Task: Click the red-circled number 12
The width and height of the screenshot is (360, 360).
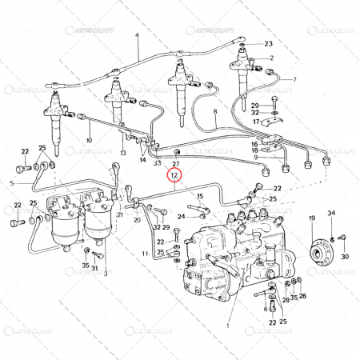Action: tap(174, 173)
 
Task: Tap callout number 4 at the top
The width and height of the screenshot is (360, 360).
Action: tap(137, 36)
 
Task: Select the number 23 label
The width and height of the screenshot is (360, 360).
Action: tap(269, 43)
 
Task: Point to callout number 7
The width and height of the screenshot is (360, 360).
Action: tap(294, 79)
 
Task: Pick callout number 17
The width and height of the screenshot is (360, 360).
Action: tap(255, 122)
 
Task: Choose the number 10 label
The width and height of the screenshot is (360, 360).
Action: tap(89, 141)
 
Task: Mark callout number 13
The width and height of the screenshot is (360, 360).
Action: tap(123, 152)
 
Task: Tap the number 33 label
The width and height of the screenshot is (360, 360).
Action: tap(158, 162)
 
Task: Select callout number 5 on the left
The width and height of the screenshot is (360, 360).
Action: tap(11, 183)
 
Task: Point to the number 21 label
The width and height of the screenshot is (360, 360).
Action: tap(120, 215)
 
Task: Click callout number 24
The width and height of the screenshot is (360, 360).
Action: tap(181, 216)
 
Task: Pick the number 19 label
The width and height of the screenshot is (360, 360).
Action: tap(312, 217)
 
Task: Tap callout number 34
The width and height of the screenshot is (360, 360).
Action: tap(332, 213)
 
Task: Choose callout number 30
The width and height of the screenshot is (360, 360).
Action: tap(345, 257)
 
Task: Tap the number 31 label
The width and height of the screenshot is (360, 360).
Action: tap(94, 268)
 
